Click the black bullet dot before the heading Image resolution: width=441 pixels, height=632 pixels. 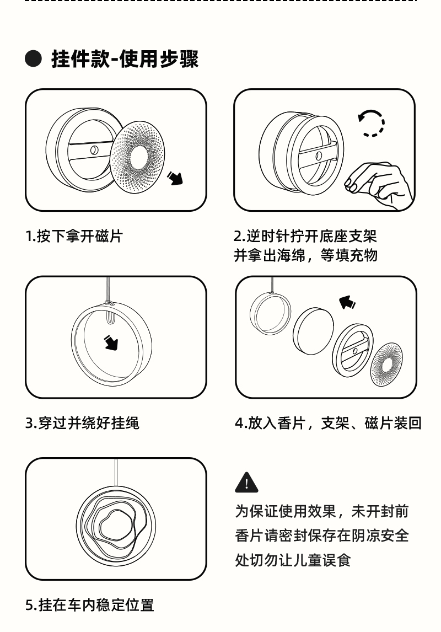point(34,58)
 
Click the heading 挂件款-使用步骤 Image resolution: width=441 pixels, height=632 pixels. point(125,58)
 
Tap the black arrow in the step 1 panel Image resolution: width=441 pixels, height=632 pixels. point(175,178)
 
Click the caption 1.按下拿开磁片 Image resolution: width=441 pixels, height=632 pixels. point(74,237)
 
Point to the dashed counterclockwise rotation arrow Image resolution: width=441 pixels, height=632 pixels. point(371,122)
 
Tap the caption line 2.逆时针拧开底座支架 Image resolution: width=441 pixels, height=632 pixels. point(305,237)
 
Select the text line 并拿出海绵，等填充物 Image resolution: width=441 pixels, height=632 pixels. point(305,256)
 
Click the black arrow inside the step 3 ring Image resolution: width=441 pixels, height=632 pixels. point(112,343)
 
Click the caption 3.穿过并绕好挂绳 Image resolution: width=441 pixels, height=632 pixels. point(82,424)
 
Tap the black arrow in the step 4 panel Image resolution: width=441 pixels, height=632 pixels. point(347,302)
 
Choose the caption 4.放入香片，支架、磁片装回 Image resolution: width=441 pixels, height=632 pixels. point(329,424)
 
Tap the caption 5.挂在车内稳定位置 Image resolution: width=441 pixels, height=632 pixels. point(90,605)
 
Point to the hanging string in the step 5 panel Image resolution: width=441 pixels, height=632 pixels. point(116,472)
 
